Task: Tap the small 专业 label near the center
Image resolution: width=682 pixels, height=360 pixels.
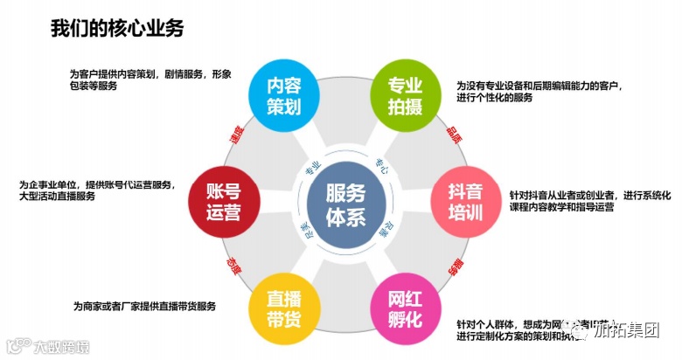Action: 312,169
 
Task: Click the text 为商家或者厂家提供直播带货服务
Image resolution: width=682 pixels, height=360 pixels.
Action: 145,307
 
